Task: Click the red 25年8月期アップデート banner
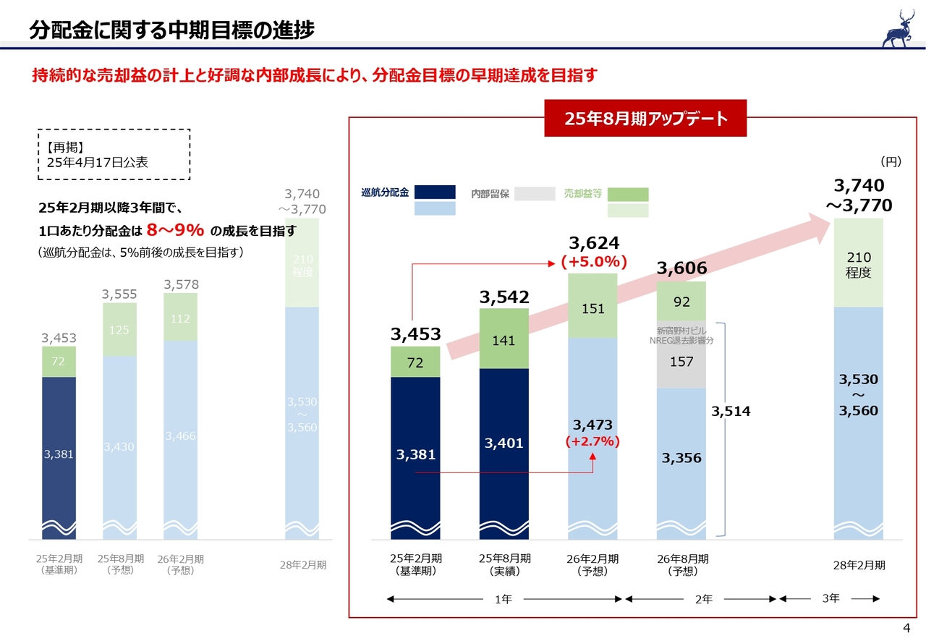[645, 119]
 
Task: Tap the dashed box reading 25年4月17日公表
[114, 154]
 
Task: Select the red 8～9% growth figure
[174, 231]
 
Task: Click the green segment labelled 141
[504, 339]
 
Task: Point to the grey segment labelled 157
[681, 361]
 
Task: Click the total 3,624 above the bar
[593, 242]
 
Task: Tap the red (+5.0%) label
[593, 261]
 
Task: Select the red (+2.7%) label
[593, 441]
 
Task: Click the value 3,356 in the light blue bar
[681, 458]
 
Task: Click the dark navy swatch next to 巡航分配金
[435, 192]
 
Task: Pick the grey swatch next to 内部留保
[535, 193]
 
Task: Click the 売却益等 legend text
[582, 194]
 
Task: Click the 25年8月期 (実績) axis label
[504, 564]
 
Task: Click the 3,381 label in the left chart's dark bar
[59, 454]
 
